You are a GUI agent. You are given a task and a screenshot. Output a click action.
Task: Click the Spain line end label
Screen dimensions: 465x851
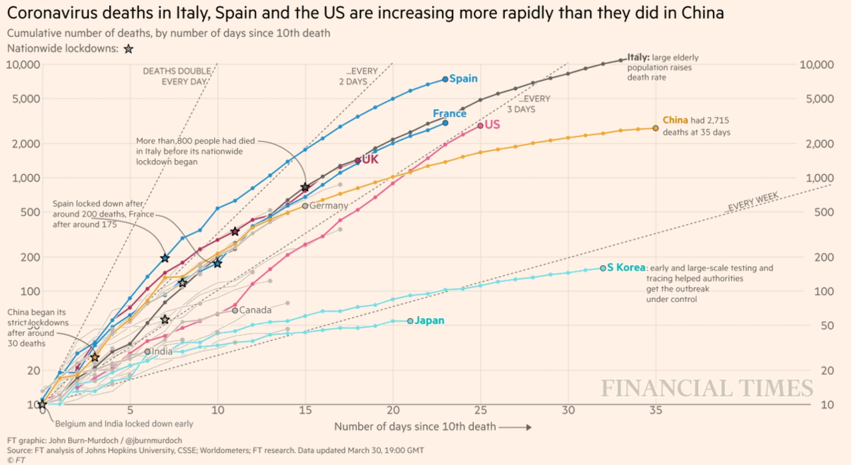(x=464, y=79)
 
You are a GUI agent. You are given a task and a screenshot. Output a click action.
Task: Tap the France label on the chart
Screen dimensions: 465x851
(x=450, y=113)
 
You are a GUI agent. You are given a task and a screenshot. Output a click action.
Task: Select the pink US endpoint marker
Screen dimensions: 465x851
(x=481, y=125)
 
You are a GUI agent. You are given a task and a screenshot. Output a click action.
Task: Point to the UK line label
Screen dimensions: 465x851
(x=370, y=159)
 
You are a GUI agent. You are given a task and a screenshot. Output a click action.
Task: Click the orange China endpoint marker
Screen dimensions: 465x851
(x=656, y=128)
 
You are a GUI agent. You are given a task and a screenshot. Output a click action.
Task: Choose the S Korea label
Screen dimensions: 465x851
(x=625, y=268)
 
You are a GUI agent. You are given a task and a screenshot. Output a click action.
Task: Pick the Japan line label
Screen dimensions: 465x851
(x=430, y=320)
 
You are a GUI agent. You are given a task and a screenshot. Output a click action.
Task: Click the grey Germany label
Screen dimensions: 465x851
(x=329, y=206)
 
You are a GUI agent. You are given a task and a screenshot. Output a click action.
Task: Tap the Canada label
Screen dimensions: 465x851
(x=256, y=310)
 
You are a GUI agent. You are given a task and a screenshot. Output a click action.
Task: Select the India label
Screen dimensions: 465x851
(x=162, y=351)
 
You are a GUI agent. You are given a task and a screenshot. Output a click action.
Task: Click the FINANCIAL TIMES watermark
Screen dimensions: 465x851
(x=707, y=388)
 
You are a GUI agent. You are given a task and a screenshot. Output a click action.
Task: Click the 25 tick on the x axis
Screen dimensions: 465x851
(x=480, y=410)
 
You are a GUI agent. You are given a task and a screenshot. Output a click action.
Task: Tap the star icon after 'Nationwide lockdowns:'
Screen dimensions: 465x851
(x=128, y=49)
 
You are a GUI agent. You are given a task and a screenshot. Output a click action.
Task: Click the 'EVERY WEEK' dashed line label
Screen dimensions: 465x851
(x=753, y=203)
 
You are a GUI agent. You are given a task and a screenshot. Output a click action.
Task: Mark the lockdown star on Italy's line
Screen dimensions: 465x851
(x=305, y=187)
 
